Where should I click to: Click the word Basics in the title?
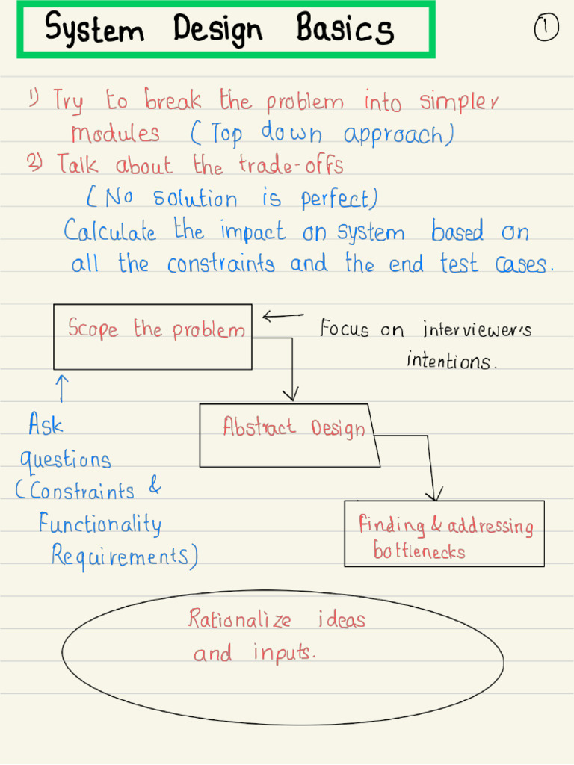[345, 30]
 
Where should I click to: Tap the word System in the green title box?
[95, 30]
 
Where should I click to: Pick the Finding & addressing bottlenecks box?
[444, 533]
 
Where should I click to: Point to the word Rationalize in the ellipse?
[239, 619]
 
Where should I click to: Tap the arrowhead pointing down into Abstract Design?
[292, 394]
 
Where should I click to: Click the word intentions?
[450, 362]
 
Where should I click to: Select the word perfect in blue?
[336, 199]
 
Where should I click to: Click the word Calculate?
[110, 231]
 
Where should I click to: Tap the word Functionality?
[99, 524]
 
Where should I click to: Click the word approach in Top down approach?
[396, 135]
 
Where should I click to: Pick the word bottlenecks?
[419, 553]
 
